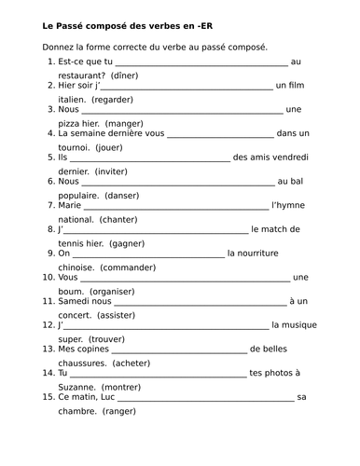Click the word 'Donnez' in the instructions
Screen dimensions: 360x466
point(61,47)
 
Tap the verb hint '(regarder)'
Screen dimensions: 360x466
point(110,98)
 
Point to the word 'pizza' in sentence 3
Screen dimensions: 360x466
point(71,122)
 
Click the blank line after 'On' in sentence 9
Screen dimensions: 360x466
point(149,254)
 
